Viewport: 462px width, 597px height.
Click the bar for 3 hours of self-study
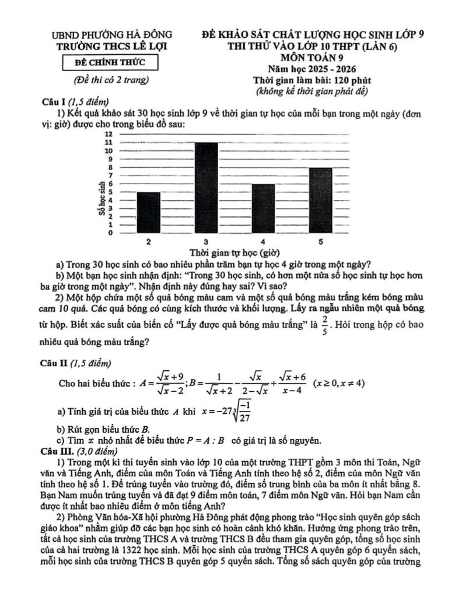206,187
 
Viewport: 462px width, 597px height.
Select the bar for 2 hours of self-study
149,212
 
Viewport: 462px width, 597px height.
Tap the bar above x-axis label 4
262,208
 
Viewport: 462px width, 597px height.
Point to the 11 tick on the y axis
108,142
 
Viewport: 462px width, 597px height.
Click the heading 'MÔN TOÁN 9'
312,58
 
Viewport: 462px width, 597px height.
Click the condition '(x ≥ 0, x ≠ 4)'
339,384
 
